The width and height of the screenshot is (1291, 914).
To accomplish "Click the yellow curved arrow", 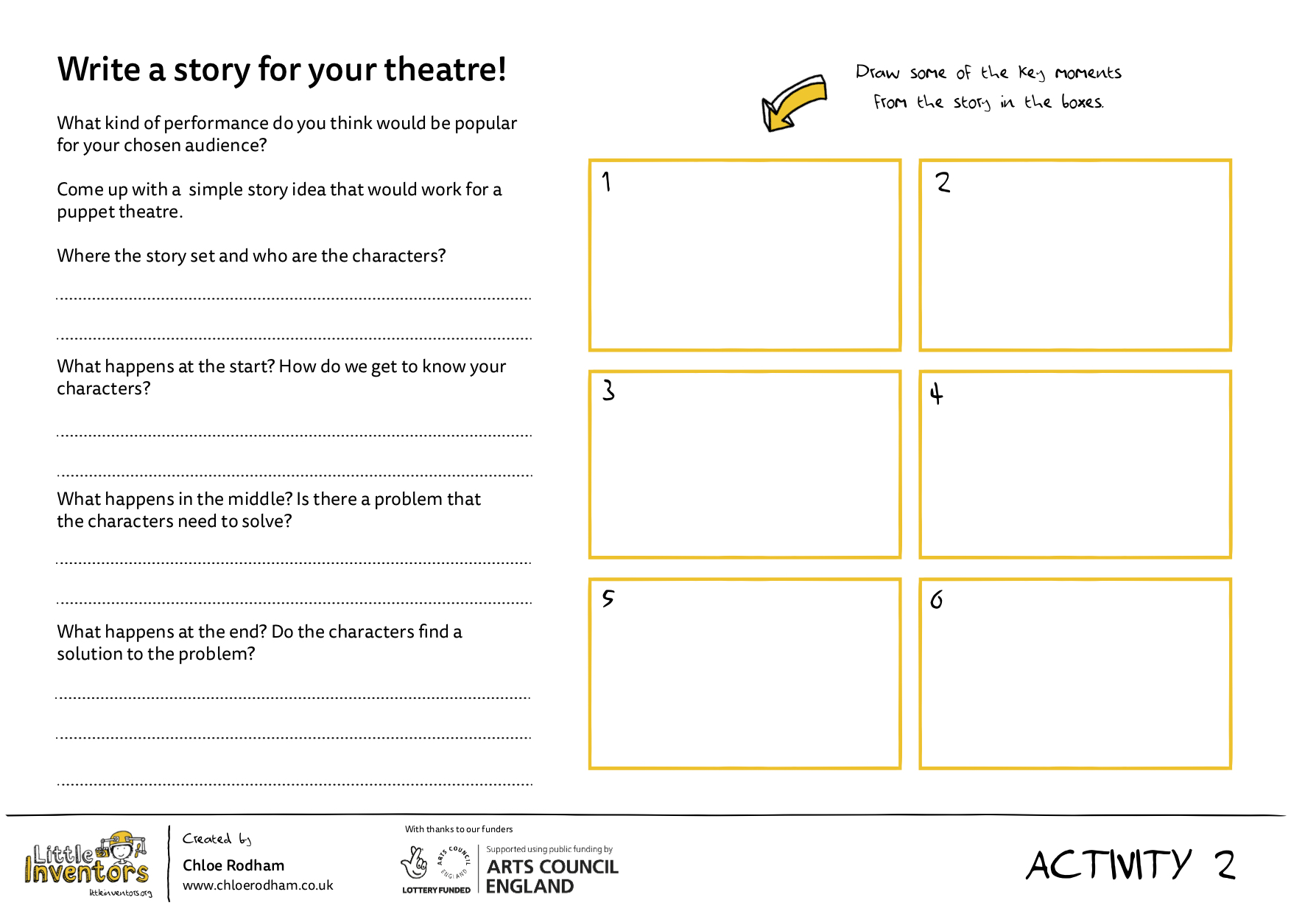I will pyautogui.click(x=794, y=103).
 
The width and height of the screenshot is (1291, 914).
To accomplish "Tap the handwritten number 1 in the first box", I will pyautogui.click(x=606, y=181).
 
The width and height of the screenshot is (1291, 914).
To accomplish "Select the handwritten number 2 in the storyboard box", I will pyautogui.click(x=943, y=182).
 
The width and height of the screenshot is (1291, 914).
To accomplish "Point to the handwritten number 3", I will pyautogui.click(x=608, y=390).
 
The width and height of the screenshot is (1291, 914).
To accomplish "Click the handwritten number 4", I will pyautogui.click(x=936, y=394).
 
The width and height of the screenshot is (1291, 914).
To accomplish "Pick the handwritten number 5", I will pyautogui.click(x=608, y=598).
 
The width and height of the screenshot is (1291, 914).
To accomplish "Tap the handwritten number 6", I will pyautogui.click(x=936, y=600).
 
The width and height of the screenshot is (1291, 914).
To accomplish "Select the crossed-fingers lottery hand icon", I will pyautogui.click(x=415, y=862).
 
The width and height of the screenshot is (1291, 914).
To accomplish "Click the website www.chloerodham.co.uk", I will pyautogui.click(x=258, y=885).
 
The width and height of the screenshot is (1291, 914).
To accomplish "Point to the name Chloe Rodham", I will pyautogui.click(x=233, y=865).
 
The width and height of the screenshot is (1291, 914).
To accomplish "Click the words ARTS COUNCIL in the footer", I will pyautogui.click(x=552, y=867).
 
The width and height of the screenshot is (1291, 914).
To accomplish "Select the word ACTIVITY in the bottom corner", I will pyautogui.click(x=1108, y=865).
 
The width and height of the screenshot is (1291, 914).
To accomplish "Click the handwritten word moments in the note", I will pyautogui.click(x=1088, y=73).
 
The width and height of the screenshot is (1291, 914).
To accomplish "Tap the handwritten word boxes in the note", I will pyautogui.click(x=1082, y=102).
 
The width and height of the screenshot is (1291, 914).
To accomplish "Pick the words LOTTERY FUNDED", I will pyautogui.click(x=436, y=890).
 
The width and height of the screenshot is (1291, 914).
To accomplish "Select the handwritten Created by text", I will pyautogui.click(x=217, y=839).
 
